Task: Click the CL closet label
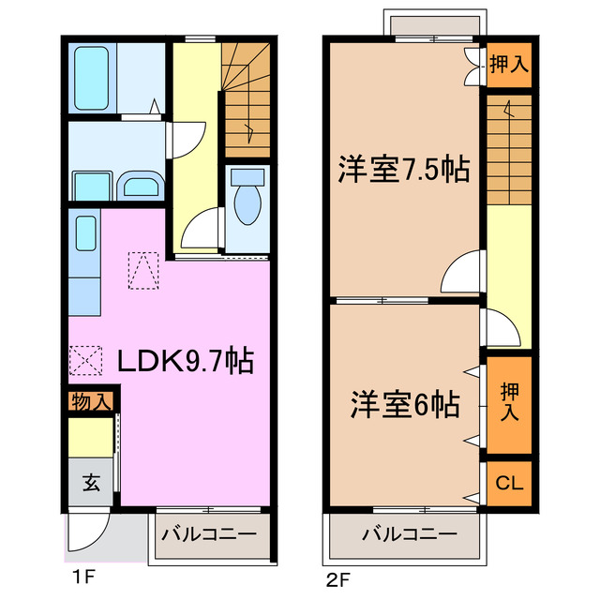click(508, 484)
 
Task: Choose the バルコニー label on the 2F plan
click(411, 534)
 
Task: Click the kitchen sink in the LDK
click(84, 234)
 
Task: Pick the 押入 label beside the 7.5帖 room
click(509, 65)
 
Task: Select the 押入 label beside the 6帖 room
click(508, 402)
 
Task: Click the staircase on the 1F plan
click(247, 98)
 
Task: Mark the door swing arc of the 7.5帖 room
click(461, 274)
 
